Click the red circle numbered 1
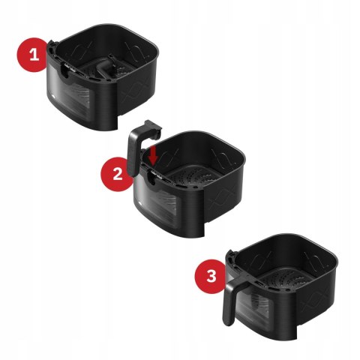pos(32,53)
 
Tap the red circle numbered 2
pos(116,174)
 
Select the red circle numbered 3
pos(211,276)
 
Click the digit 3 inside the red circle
pos(211,276)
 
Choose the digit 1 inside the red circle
pos(32,53)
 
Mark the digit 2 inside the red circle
pos(116,174)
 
